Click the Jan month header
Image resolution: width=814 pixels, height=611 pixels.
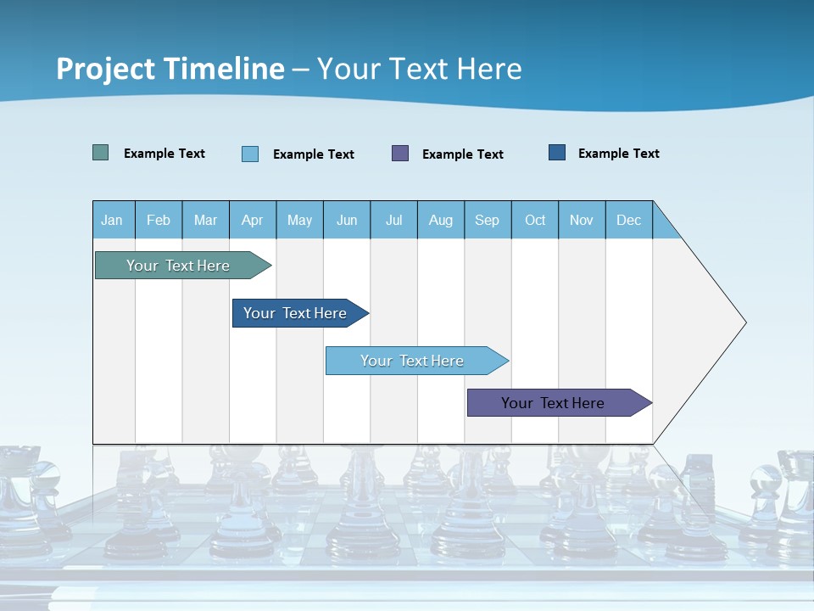[x=113, y=220]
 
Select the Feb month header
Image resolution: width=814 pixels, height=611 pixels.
[x=159, y=220]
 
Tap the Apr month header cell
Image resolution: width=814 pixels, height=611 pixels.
[x=253, y=220]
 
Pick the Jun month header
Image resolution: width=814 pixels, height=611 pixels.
[x=347, y=220]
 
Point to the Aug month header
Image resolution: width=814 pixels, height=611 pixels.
[x=441, y=220]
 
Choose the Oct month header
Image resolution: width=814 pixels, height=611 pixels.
[x=535, y=220]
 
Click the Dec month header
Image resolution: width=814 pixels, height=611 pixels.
[x=629, y=220]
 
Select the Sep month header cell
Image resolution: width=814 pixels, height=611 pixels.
[x=488, y=220]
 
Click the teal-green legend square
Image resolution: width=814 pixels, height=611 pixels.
[x=101, y=153]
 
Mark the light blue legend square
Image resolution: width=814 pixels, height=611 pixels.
[x=250, y=154]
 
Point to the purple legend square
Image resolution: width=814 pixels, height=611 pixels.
[x=400, y=154]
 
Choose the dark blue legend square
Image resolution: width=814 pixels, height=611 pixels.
[x=557, y=153]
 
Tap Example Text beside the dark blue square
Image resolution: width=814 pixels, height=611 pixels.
[x=618, y=154]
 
